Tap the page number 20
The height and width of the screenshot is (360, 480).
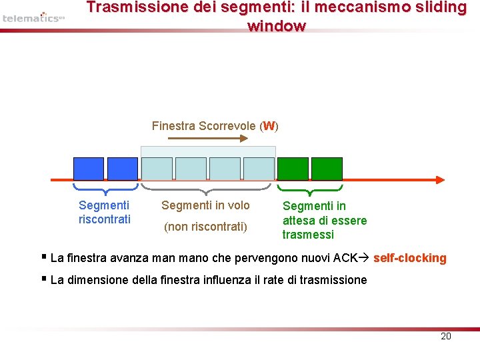[x=446, y=336]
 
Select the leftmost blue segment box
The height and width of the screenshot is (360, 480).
[x=88, y=169]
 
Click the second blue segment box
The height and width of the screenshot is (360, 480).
[x=122, y=169]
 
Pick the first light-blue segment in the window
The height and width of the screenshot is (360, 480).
[x=157, y=169]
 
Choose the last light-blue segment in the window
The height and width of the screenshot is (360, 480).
[x=259, y=169]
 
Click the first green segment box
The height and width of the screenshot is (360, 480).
[x=293, y=169]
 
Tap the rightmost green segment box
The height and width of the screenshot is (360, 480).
[x=327, y=169]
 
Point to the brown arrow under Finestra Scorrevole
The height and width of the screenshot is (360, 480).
[x=207, y=139]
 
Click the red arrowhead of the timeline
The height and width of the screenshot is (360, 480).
[x=439, y=179]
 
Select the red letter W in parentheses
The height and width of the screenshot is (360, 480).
[x=269, y=125]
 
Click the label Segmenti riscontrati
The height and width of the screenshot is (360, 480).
[x=104, y=212]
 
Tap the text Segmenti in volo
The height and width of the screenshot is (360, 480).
[x=205, y=205]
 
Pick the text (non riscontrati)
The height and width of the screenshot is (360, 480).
[x=205, y=227]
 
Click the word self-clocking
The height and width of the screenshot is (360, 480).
[x=409, y=258]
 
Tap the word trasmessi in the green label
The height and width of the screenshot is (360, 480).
[x=308, y=235]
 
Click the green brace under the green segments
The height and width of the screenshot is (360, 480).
[x=309, y=189]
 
